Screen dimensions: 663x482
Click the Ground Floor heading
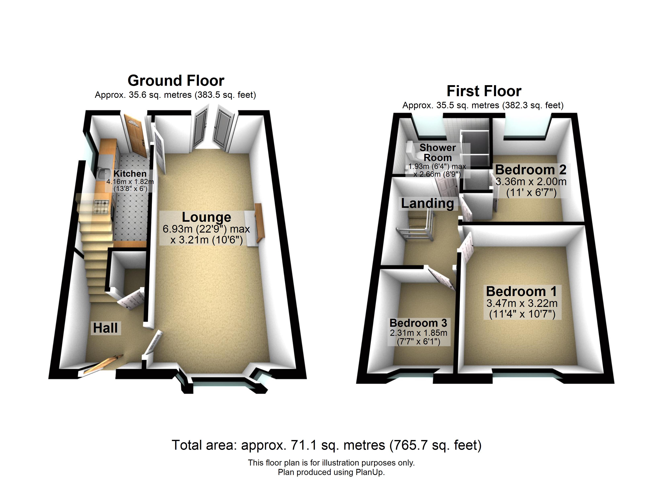(x=176, y=81)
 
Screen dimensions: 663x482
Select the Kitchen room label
(x=130, y=174)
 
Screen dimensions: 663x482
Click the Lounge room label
(x=206, y=217)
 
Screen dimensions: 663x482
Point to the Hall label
(x=105, y=328)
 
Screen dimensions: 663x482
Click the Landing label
(x=427, y=203)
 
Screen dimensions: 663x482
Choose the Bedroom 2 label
(x=531, y=170)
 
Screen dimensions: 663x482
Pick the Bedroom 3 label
(x=418, y=323)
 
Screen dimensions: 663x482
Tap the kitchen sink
(x=102, y=174)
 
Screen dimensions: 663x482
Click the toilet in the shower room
(x=412, y=152)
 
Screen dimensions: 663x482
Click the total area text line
(x=326, y=445)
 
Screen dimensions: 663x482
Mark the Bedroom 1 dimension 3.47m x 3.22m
(x=522, y=303)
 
